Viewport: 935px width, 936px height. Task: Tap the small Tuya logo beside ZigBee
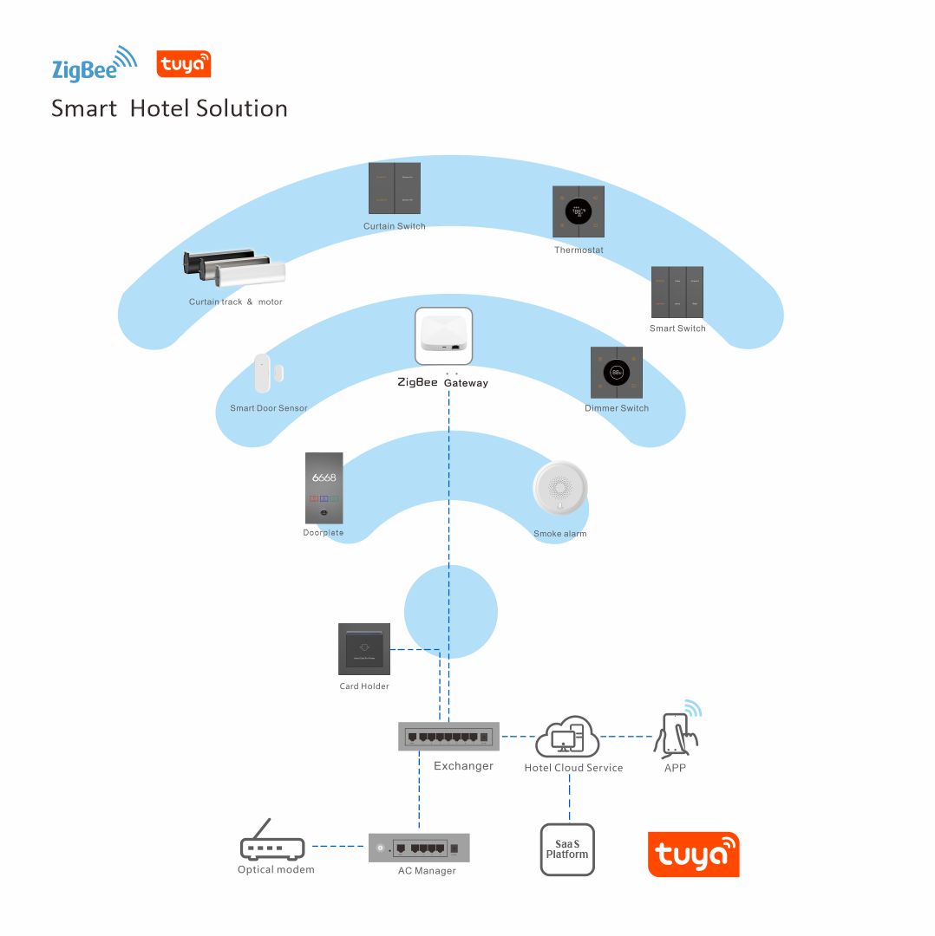click(184, 65)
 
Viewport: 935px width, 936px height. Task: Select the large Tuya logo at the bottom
click(693, 855)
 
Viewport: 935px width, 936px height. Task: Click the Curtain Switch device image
click(395, 189)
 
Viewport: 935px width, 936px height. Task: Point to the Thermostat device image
click(579, 211)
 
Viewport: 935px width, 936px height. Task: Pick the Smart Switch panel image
click(677, 292)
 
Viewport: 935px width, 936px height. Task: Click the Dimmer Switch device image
click(617, 373)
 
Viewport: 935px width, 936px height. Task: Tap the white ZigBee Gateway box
click(444, 336)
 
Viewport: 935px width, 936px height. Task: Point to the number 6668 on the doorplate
click(324, 478)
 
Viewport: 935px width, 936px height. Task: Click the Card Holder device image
click(364, 649)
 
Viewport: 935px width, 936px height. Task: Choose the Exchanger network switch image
click(449, 737)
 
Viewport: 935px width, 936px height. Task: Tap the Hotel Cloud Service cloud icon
click(567, 738)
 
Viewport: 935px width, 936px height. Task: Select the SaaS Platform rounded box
click(567, 849)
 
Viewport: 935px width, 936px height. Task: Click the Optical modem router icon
click(272, 843)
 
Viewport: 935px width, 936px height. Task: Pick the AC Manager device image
click(419, 847)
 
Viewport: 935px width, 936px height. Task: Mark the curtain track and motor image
click(235, 269)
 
